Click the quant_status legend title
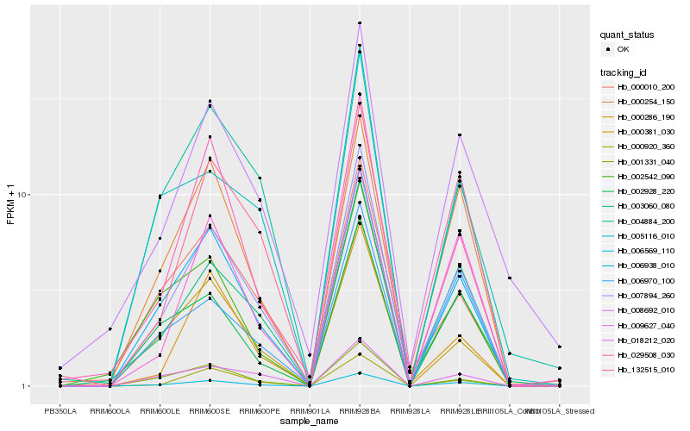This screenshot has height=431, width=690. click(x=627, y=34)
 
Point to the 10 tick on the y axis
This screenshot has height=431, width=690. click(x=25, y=195)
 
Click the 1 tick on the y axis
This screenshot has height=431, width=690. click(x=28, y=386)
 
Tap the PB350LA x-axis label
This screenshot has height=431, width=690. click(x=60, y=411)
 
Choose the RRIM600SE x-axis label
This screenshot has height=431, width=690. click(x=210, y=411)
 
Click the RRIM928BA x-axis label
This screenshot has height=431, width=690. click(x=359, y=411)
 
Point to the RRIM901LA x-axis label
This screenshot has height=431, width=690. click(x=310, y=411)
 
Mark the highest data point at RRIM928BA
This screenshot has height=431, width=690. click(x=360, y=23)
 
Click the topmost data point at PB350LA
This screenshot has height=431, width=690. click(x=60, y=368)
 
